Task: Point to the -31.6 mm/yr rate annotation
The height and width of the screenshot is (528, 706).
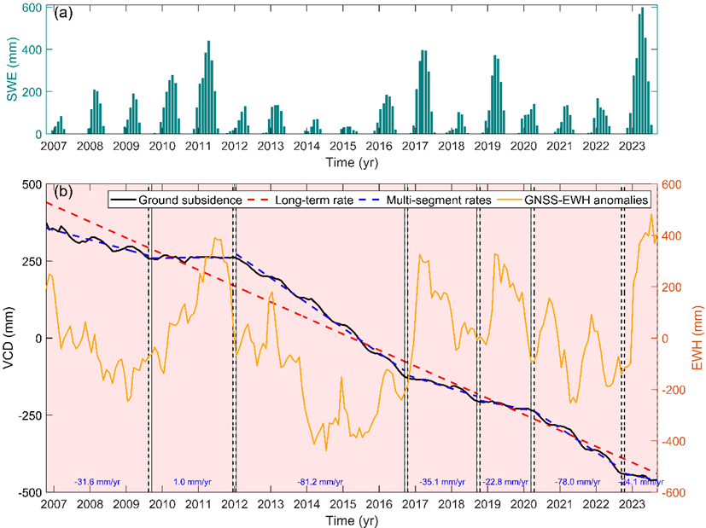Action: click(97, 483)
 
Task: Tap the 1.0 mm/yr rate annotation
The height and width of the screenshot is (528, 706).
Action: click(192, 483)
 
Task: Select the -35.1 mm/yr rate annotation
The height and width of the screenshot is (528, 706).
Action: click(441, 483)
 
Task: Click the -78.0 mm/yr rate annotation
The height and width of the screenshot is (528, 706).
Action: click(576, 483)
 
